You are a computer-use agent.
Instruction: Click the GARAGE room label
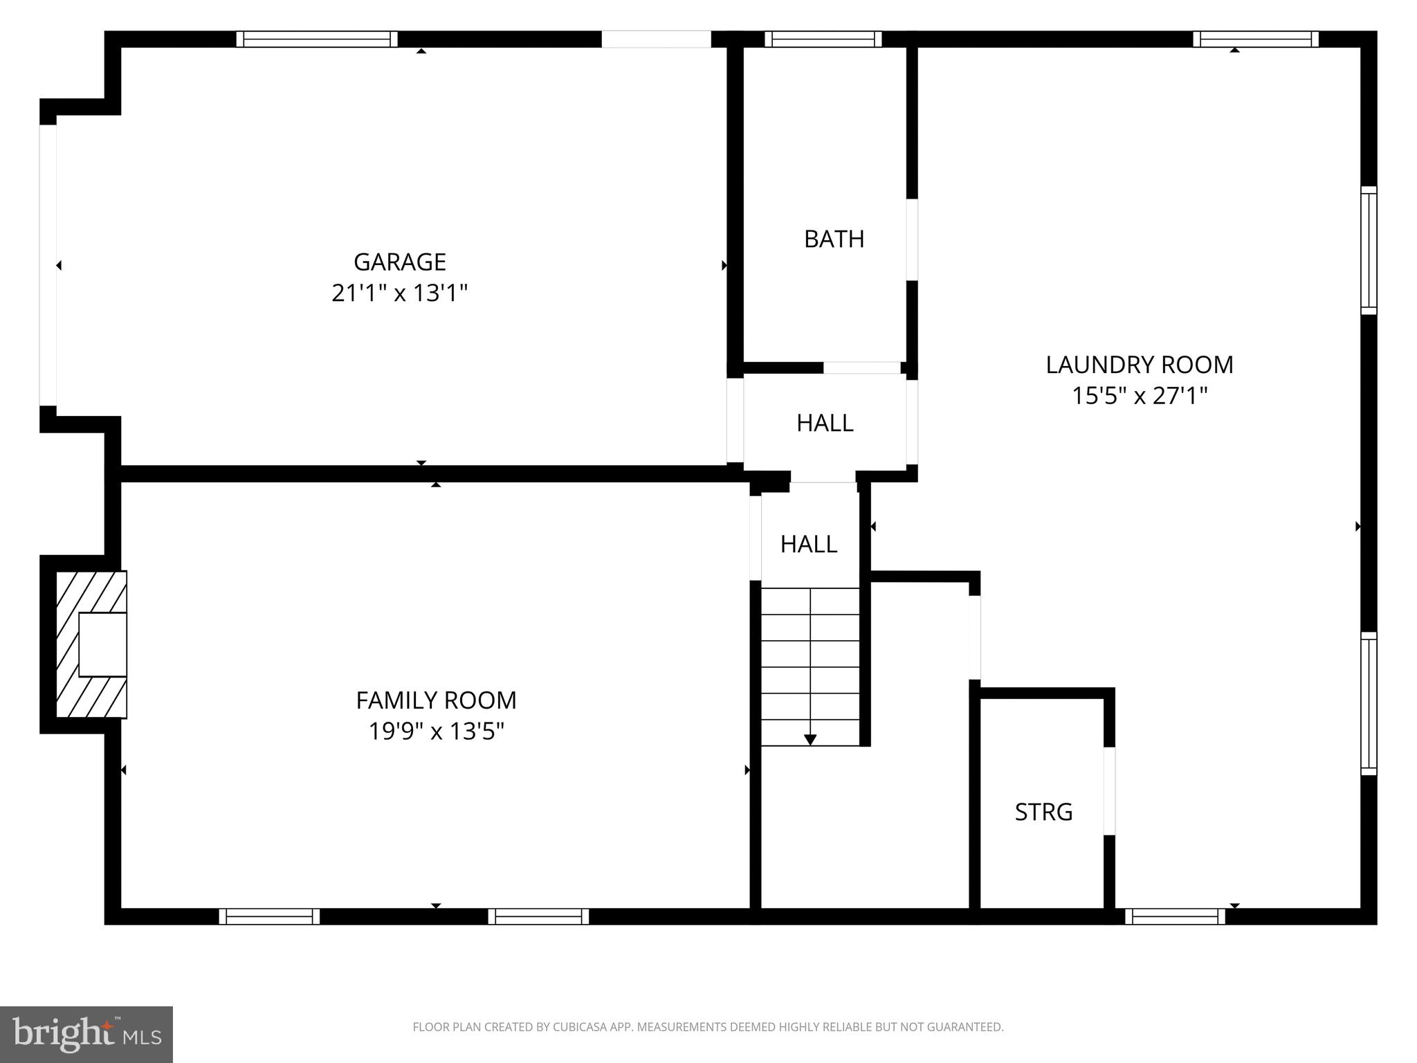[x=399, y=262]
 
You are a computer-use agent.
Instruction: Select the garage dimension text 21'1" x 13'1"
[x=399, y=293]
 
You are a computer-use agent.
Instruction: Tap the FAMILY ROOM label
[x=436, y=700]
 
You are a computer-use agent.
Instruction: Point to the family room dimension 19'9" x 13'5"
[x=436, y=732]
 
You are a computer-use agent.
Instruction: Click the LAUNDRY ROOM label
[x=1139, y=365]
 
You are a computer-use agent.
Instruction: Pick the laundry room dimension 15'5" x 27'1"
[x=1139, y=396]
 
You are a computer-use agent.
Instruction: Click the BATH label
[x=834, y=239]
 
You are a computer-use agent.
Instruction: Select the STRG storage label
[x=1043, y=812]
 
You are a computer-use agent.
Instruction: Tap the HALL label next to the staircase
[x=808, y=544]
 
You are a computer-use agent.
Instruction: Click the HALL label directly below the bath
[x=824, y=423]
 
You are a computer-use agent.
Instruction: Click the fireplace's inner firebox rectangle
[x=102, y=644]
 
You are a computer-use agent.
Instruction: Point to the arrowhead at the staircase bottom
[x=810, y=740]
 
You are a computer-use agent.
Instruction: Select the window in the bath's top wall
[x=823, y=39]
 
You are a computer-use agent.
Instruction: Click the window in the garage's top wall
[x=317, y=39]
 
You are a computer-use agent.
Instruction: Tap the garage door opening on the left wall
[x=48, y=265]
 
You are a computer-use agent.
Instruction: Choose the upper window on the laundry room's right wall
[x=1369, y=250]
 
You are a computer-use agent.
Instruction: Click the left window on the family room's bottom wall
[x=269, y=916]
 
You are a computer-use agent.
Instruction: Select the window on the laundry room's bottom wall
[x=1175, y=916]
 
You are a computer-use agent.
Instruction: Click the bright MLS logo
[x=86, y=1034]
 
